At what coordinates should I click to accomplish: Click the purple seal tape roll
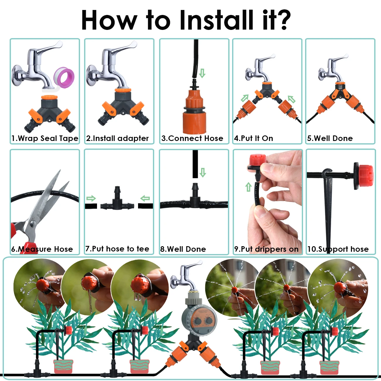[x=64, y=77]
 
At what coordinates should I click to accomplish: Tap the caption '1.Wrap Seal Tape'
[x=45, y=138]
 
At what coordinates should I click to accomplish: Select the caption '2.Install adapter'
[x=117, y=138]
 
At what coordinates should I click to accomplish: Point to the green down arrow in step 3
[x=202, y=73]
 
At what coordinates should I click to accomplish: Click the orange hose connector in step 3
[x=194, y=112]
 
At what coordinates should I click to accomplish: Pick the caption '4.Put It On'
[x=254, y=138]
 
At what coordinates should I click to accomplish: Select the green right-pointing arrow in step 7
[x=91, y=198]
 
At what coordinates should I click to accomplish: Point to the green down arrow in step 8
[x=203, y=172]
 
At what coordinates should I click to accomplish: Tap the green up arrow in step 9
[x=249, y=187]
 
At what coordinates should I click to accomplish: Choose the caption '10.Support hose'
[x=338, y=249]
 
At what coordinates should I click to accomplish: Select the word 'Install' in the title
[x=217, y=20]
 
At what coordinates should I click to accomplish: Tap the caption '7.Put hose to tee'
[x=117, y=249]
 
